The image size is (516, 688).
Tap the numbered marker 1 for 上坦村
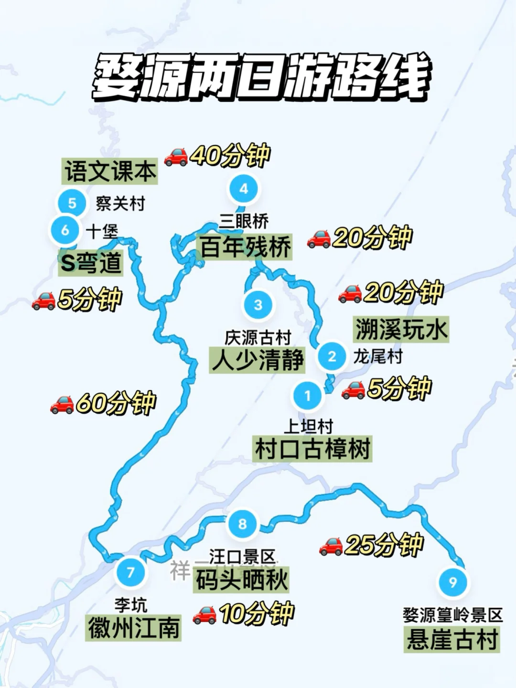click(x=308, y=395)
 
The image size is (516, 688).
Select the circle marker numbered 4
click(x=244, y=189)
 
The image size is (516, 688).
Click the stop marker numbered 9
click(x=452, y=582)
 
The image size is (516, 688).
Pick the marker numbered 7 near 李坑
click(x=130, y=571)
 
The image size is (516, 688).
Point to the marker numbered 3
click(x=258, y=305)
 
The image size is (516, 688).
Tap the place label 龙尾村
click(x=377, y=356)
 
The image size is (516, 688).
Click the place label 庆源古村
click(x=258, y=337)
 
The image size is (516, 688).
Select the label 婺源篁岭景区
click(x=452, y=615)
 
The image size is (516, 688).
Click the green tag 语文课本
click(x=110, y=171)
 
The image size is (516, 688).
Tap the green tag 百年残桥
click(x=245, y=247)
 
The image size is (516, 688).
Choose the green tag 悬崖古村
click(x=451, y=639)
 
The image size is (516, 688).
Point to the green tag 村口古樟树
click(x=312, y=449)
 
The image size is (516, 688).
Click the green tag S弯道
click(x=91, y=262)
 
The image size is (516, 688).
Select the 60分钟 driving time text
click(x=116, y=403)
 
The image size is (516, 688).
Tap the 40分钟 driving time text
click(x=230, y=155)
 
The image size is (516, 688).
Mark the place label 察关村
click(x=120, y=204)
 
